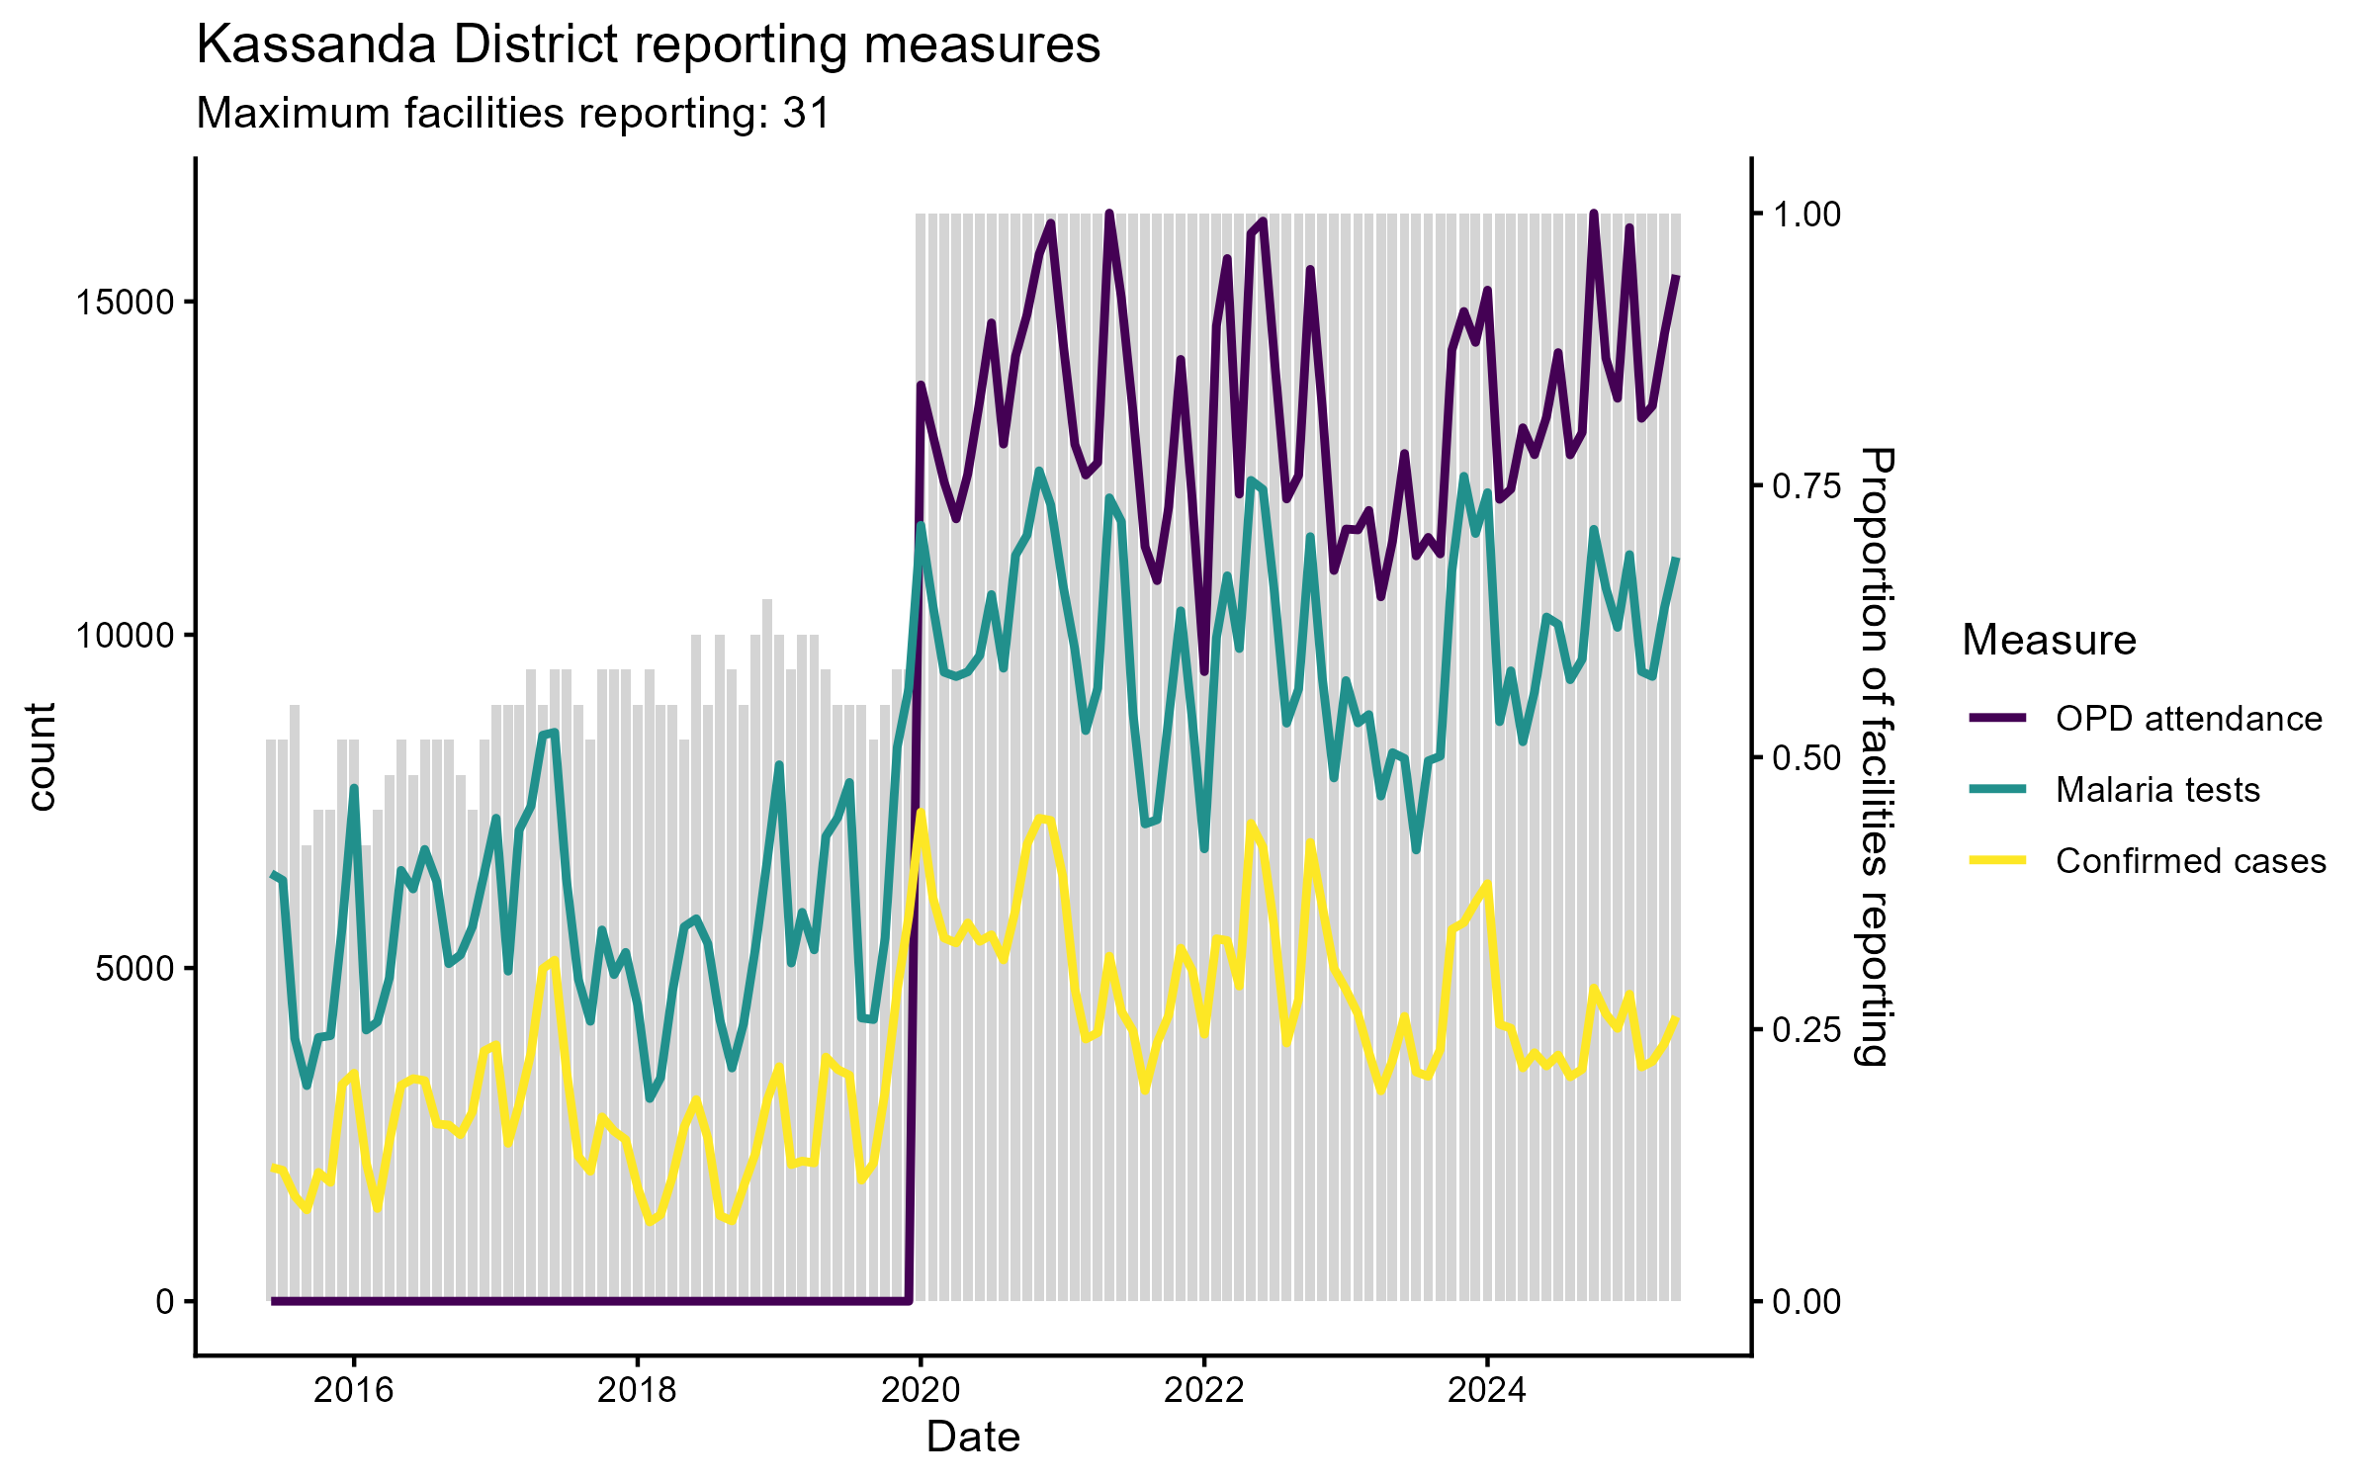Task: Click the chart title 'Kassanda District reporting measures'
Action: click(648, 45)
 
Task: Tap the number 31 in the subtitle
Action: click(806, 114)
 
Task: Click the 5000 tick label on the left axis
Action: click(134, 969)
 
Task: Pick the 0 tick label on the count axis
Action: click(164, 1302)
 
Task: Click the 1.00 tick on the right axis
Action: click(1806, 215)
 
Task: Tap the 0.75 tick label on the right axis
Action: click(1806, 486)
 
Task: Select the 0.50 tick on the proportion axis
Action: click(1806, 758)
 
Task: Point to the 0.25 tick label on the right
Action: click(1806, 1030)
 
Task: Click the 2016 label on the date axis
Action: click(353, 1391)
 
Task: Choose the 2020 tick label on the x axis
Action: click(921, 1391)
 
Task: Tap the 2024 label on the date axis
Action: click(1487, 1391)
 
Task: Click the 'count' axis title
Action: click(42, 756)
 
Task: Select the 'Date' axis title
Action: click(973, 1438)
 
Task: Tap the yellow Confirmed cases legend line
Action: click(1997, 861)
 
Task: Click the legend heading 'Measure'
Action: click(2049, 641)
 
